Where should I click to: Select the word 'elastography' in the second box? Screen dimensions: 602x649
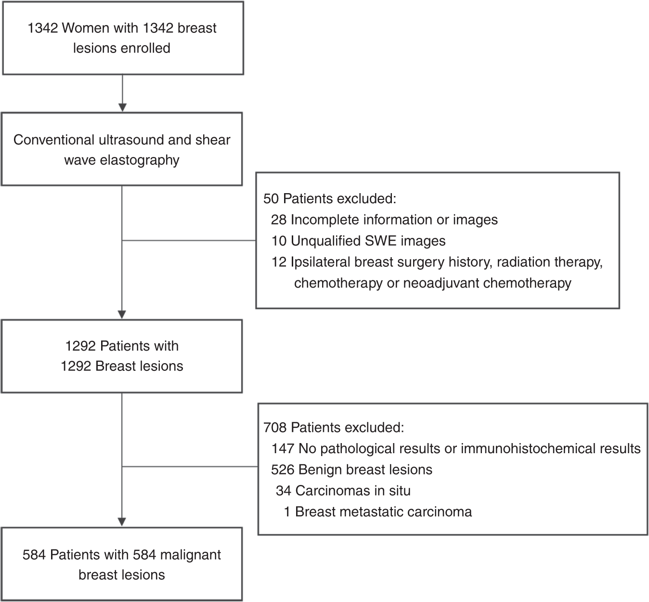pos(140,160)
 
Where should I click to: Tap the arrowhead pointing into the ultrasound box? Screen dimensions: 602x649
pos(122,106)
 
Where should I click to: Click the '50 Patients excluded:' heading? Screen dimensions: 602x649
pos(329,198)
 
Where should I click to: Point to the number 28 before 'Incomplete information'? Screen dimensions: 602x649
pos(279,220)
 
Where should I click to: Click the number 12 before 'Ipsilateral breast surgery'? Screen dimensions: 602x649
pos(279,262)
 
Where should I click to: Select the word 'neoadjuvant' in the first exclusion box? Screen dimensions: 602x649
pos(441,283)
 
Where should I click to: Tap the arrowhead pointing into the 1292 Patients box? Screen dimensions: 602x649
pos(122,314)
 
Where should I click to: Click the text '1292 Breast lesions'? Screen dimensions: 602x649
pos(122,366)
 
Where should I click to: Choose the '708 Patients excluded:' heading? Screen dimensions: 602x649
pos(333,427)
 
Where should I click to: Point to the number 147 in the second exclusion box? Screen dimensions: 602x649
pos(283,448)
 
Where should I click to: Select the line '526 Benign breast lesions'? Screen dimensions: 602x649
pos(351,470)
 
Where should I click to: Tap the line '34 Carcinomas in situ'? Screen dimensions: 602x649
pos(343,491)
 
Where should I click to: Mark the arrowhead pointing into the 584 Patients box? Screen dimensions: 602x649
pos(122,522)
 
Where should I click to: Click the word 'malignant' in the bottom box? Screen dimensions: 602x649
pos(190,555)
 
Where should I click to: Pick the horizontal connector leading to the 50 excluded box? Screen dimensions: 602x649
pos(189,240)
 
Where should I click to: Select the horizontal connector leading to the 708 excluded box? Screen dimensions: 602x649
pos(190,466)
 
